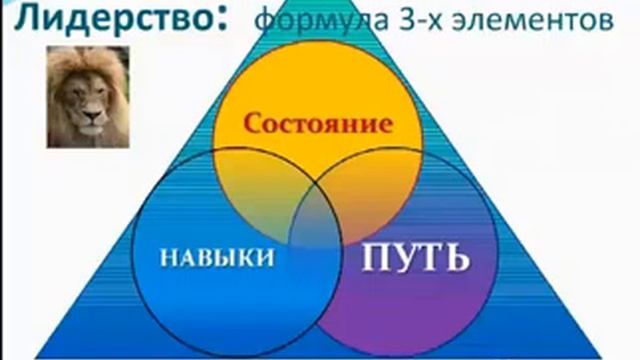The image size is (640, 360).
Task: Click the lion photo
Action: click(x=88, y=97)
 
